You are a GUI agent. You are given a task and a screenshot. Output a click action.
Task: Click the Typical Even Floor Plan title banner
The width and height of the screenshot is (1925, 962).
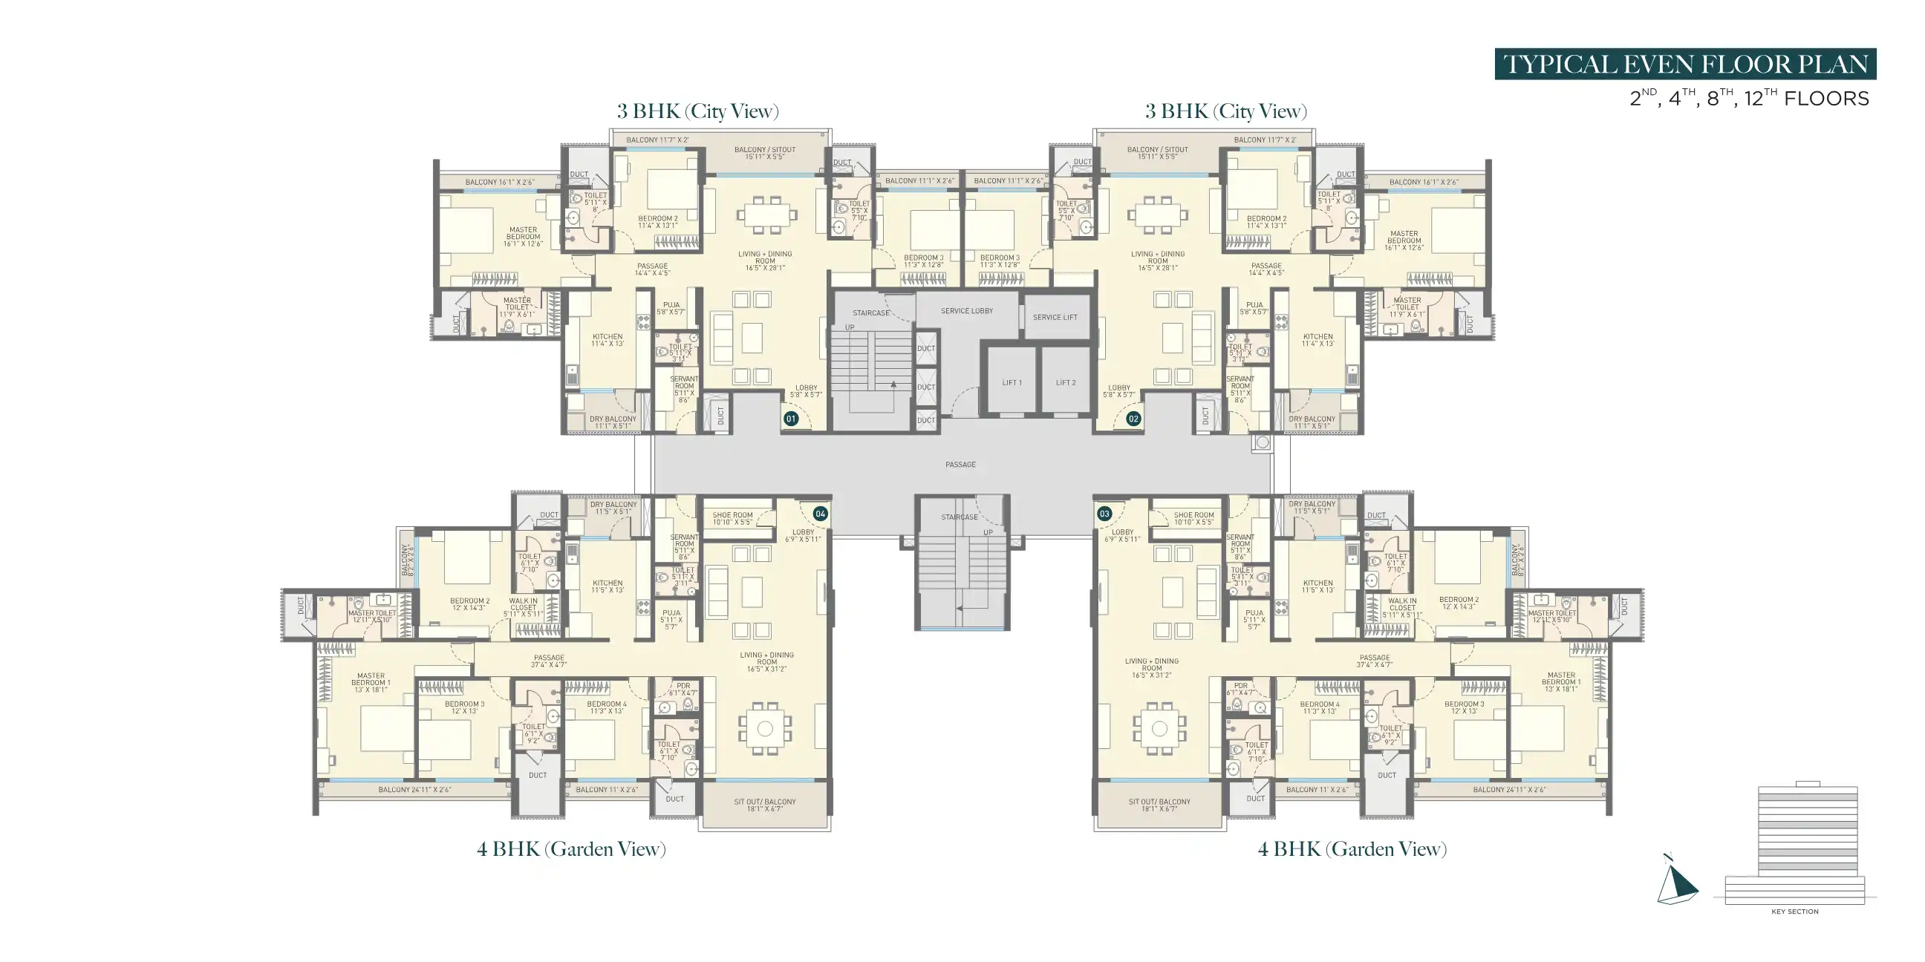point(1684,65)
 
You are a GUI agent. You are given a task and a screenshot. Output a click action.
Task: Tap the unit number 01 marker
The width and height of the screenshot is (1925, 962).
point(791,419)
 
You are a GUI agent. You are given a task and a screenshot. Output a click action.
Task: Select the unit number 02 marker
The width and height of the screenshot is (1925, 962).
point(1133,419)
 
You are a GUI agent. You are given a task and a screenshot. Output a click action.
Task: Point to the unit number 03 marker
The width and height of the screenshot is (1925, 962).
point(1104,514)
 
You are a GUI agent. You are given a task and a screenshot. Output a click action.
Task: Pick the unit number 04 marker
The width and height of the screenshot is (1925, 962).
point(820,514)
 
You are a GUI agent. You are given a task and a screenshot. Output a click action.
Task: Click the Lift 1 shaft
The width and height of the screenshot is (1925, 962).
point(1012,382)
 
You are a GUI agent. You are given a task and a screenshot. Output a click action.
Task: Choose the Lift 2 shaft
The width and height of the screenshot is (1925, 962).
point(1066,382)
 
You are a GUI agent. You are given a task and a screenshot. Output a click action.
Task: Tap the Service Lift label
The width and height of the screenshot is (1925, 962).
point(1055,318)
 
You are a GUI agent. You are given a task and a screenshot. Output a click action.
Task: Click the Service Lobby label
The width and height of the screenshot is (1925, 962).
point(966,311)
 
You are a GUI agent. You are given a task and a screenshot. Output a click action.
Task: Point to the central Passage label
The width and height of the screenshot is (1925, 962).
point(960,465)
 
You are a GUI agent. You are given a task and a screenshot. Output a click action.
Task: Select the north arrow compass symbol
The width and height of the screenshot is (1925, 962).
point(1676,881)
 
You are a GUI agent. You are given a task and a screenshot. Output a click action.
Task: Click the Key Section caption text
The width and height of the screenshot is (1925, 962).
point(1794,912)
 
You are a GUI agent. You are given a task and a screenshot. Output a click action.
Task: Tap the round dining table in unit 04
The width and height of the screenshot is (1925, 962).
point(764,728)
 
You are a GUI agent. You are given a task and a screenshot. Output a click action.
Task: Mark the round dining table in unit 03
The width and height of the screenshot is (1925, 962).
point(1159,728)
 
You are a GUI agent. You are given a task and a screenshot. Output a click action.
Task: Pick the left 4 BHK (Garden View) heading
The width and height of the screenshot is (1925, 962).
point(571,849)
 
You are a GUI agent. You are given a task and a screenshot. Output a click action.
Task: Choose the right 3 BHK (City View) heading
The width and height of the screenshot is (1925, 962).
point(1225,111)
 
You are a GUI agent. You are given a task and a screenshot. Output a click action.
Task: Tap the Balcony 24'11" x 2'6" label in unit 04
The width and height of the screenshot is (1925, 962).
point(414,790)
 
